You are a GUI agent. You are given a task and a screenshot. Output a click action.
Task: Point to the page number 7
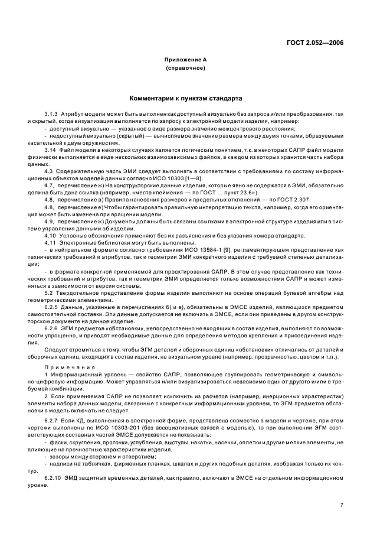pos(342,505)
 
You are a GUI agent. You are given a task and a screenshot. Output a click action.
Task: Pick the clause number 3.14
pos(50,149)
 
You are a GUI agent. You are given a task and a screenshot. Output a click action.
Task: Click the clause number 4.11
pos(50,243)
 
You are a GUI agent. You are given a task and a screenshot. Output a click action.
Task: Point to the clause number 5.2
pos(48,292)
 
